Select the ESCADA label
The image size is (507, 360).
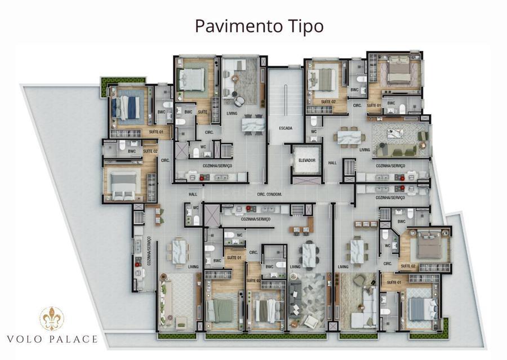pos(286,128)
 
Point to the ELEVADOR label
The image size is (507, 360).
pos(307,160)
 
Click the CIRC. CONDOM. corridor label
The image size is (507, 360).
pos(269,194)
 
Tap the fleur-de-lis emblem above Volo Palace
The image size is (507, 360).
pos(52,319)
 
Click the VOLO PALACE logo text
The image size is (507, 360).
pos(52,339)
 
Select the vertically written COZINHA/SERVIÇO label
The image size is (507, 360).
pos(149,251)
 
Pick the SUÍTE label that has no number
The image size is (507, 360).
pos(202,112)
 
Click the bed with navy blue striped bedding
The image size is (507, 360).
pos(126,107)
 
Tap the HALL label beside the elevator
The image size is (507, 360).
pos(332,163)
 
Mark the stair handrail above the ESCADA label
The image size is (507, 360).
pos(286,100)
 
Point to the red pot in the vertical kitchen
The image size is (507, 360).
pos(137,264)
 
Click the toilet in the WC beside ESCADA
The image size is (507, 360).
pos(314,121)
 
